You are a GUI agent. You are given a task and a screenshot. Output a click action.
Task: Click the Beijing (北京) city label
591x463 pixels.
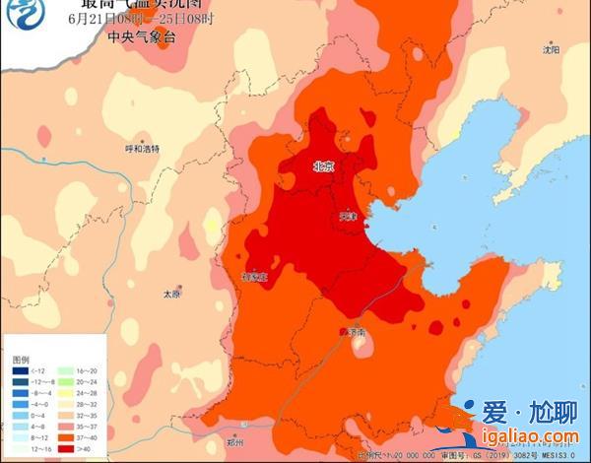[323, 166]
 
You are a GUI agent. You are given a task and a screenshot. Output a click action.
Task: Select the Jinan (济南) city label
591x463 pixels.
[356, 333]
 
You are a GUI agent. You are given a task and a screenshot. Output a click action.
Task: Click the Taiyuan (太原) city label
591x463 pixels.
[172, 294]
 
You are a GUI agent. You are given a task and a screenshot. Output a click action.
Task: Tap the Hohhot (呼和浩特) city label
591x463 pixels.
[142, 149]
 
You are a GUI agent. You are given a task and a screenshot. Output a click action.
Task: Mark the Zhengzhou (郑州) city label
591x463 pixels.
[233, 443]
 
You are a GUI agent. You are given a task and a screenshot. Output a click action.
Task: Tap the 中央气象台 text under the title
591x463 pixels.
[135, 38]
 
